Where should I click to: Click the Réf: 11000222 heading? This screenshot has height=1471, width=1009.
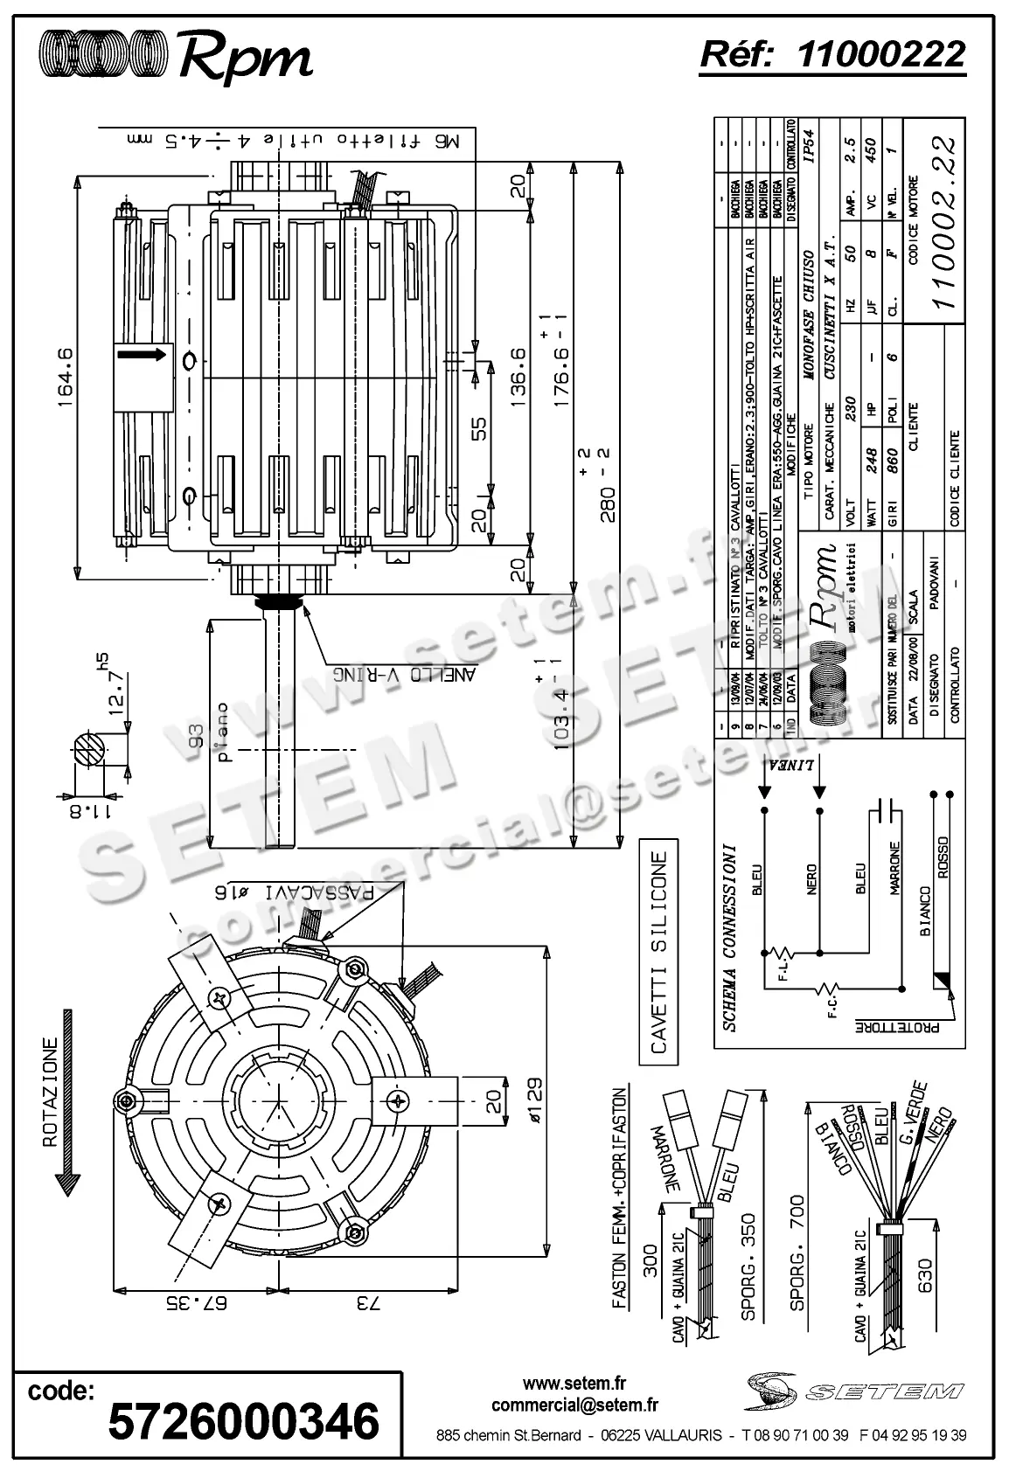(832, 54)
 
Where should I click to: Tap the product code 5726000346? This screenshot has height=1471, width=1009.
(243, 1420)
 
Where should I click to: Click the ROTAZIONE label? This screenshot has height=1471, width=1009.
(50, 1093)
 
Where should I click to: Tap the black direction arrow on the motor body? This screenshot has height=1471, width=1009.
(141, 354)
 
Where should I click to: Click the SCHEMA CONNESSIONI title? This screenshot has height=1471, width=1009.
(731, 936)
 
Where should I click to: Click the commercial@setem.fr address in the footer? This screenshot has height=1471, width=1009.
(574, 1405)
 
